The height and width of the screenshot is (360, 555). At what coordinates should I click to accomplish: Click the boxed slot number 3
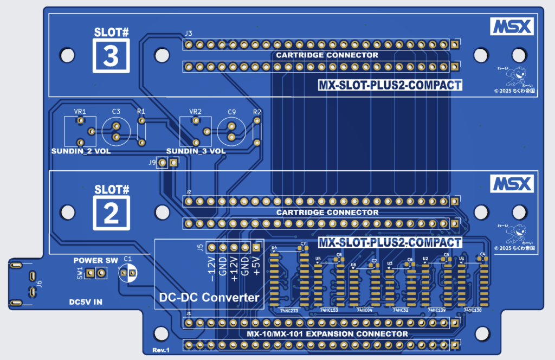(x=111, y=57)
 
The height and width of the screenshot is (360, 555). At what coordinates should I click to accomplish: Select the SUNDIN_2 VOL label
(x=81, y=151)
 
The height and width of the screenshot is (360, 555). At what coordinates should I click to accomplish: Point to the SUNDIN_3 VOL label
(x=196, y=151)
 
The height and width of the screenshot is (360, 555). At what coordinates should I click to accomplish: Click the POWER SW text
(x=96, y=261)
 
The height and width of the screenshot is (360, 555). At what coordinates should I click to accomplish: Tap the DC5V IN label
(x=86, y=302)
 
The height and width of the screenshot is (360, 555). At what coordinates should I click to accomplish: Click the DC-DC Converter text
(x=209, y=297)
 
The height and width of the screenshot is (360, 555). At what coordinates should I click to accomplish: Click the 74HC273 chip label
(x=289, y=311)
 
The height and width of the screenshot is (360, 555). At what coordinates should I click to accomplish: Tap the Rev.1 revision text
(x=161, y=350)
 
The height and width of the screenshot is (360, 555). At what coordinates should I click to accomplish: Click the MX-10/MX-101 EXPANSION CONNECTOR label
(x=327, y=334)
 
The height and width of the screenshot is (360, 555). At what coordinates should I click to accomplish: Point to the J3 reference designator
(x=188, y=34)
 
